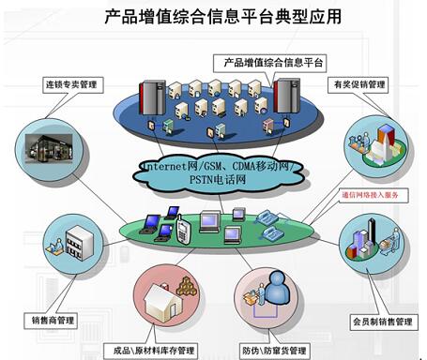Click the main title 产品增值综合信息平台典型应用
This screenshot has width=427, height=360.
[x=222, y=16]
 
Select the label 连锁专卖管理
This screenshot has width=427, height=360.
[x=72, y=84]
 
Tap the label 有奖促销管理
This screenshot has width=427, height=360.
[x=358, y=84]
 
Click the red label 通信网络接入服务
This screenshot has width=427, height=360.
[x=371, y=195]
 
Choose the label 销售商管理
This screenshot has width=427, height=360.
[x=51, y=321]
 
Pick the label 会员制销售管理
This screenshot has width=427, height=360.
[x=384, y=322]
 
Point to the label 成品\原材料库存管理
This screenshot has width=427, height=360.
[x=151, y=351]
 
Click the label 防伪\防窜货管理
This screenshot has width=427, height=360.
[x=274, y=351]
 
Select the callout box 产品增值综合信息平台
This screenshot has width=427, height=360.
[x=269, y=63]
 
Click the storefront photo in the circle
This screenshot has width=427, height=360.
[x=49, y=149]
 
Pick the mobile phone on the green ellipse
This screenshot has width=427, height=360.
[x=182, y=230]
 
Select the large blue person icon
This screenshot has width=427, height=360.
[x=278, y=288]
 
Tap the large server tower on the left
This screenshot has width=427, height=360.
[x=152, y=97]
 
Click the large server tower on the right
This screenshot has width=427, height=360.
[x=286, y=96]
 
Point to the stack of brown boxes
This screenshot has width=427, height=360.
[x=187, y=287]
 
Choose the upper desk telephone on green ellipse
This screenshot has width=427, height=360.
[x=267, y=217]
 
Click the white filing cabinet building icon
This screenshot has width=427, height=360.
[x=79, y=244]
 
